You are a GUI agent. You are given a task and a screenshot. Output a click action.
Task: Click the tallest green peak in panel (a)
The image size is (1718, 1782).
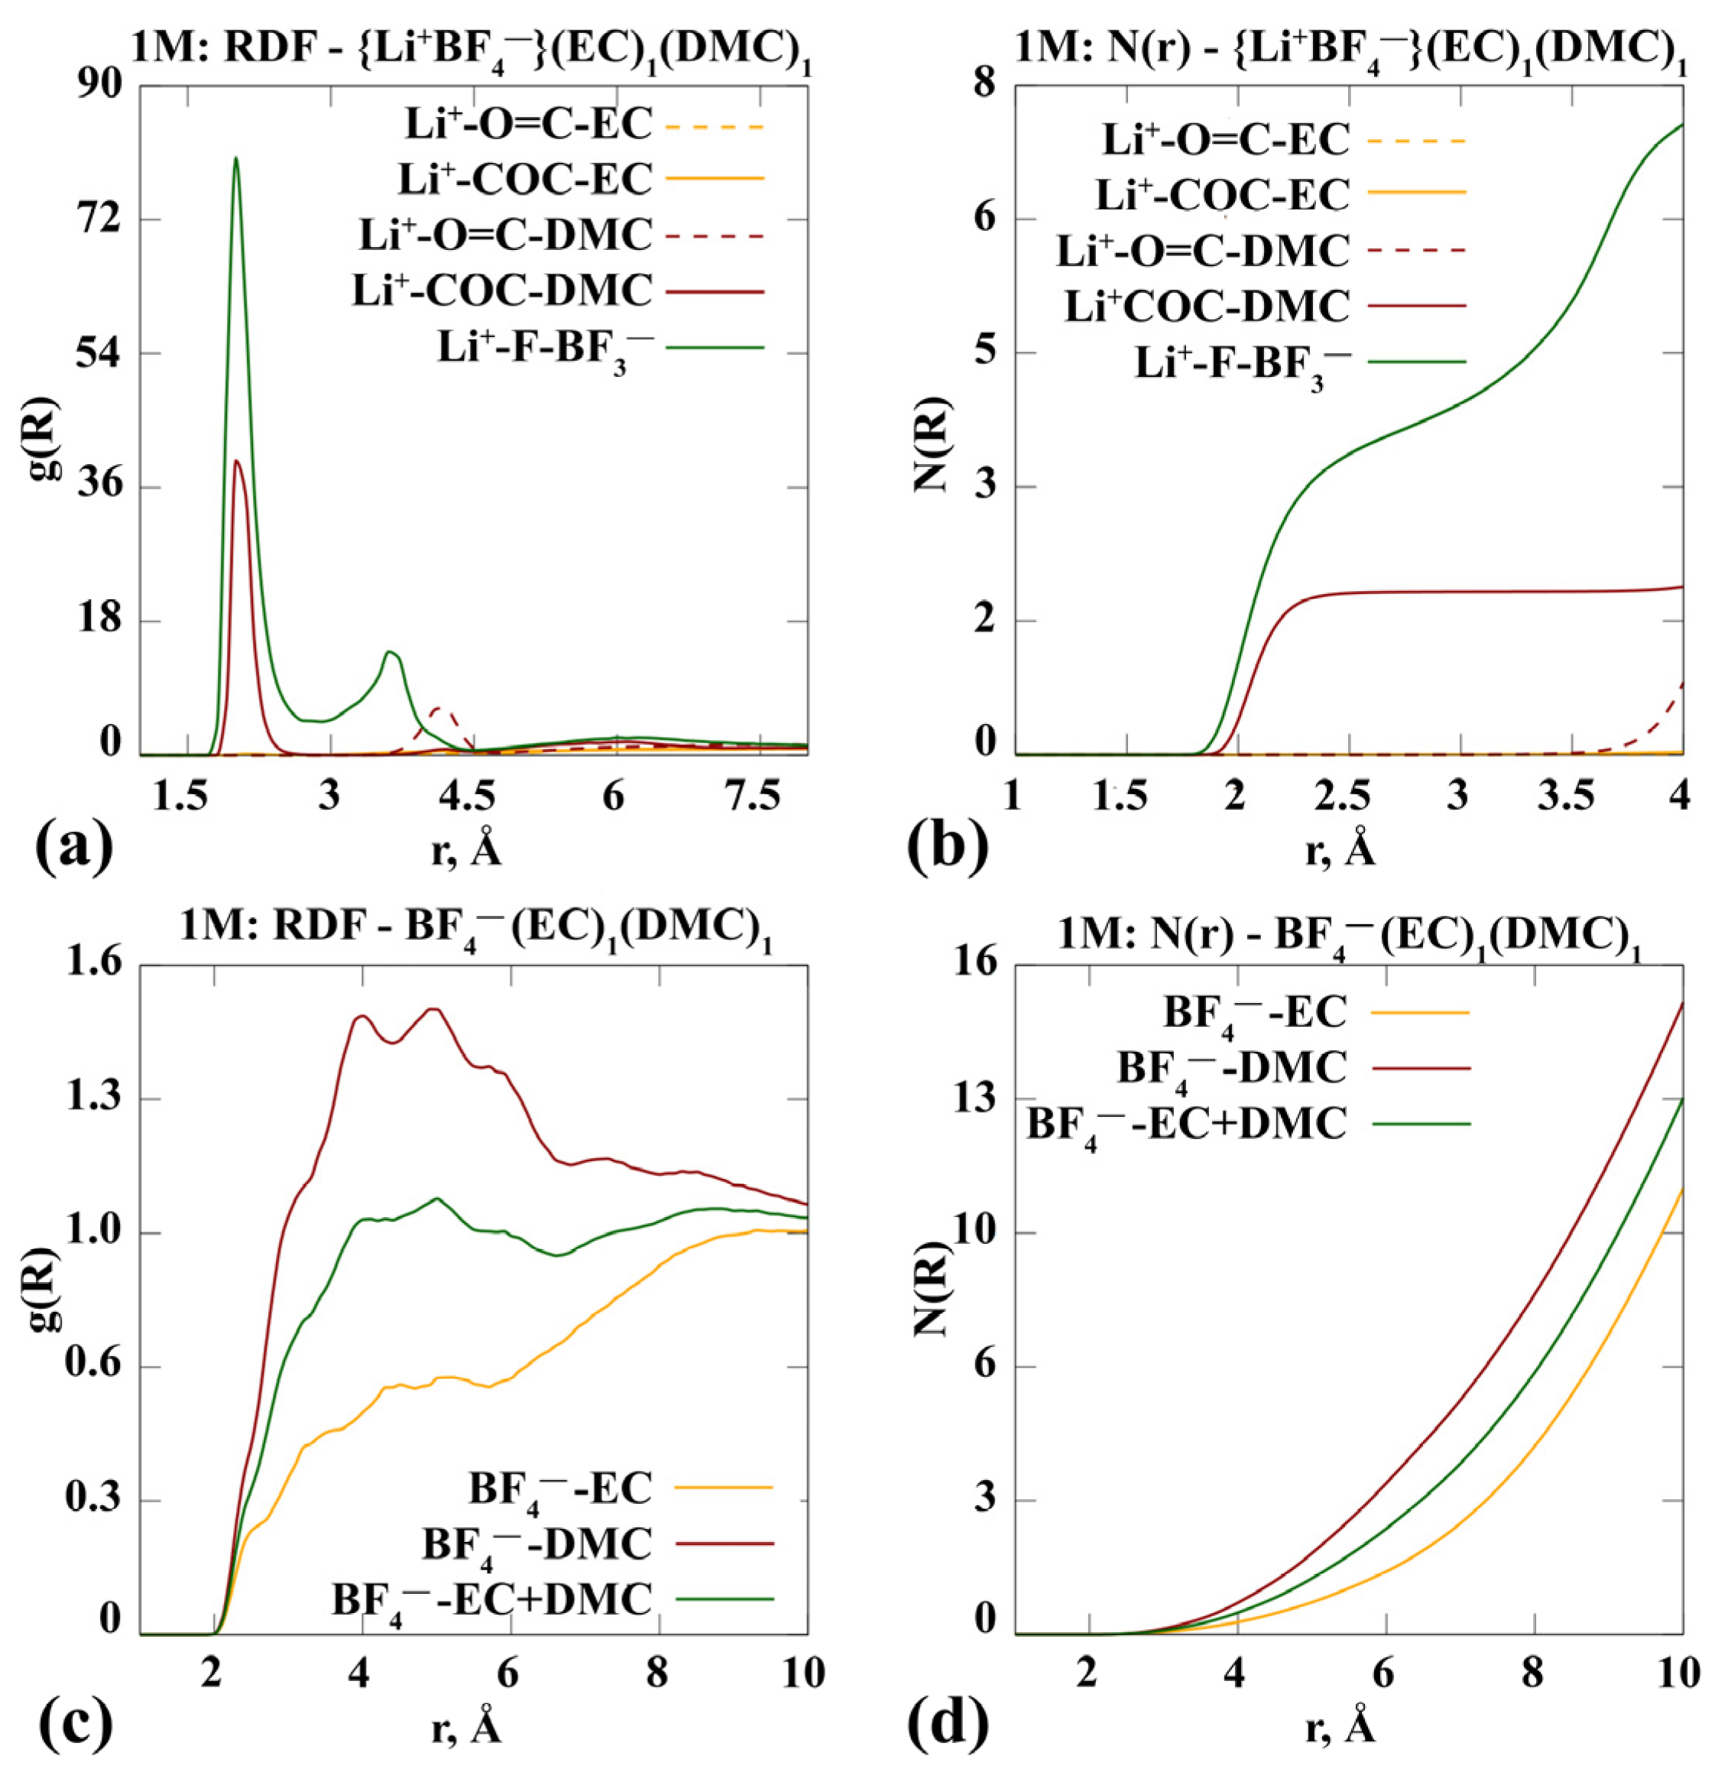pos(235,160)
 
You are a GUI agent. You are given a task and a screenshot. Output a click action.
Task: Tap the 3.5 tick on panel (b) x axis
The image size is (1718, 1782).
pos(1571,797)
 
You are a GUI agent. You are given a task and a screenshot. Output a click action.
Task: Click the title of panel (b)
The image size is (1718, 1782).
pos(1347,44)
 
